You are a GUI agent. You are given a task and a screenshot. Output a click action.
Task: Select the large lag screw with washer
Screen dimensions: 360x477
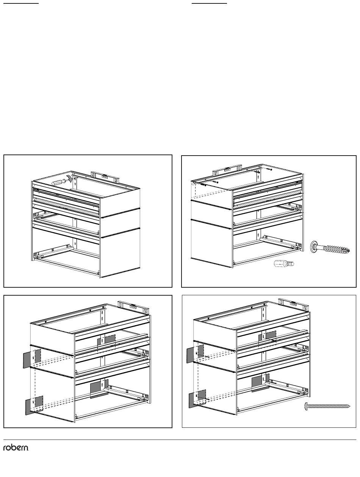pos(330,247)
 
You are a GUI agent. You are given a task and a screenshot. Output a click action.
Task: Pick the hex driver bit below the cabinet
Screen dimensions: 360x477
pos(284,263)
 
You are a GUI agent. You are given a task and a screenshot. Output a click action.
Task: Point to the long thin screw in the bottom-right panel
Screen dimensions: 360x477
pos(327,406)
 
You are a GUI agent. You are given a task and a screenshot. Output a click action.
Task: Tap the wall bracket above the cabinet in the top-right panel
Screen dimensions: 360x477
pos(227,170)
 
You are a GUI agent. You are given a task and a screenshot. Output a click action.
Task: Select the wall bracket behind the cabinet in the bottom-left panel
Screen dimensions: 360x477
pos(133,307)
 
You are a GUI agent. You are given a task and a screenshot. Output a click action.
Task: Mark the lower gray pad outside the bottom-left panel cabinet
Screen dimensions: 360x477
pos(34,405)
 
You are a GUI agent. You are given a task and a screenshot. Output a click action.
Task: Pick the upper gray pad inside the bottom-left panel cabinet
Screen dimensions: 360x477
pos(106,341)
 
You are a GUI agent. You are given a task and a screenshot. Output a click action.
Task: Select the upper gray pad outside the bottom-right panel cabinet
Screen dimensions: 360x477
pos(195,354)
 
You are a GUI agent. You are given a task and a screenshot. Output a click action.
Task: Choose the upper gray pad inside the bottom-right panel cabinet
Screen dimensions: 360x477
pos(267,337)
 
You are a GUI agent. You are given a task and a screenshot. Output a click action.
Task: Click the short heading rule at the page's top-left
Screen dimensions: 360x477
pos(21,3)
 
